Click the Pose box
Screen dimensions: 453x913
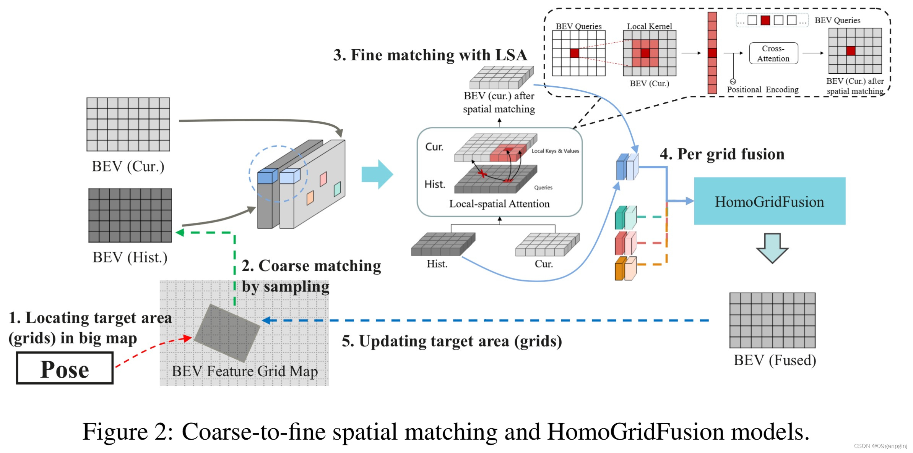tap(65, 369)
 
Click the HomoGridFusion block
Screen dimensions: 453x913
tap(769, 201)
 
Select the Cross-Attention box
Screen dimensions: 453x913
tap(773, 53)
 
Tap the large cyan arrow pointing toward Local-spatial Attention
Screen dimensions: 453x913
tap(377, 174)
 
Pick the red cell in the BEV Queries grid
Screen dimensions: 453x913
tap(574, 53)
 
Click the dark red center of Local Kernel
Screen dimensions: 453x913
tap(645, 53)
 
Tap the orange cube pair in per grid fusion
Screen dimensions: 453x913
tap(625, 269)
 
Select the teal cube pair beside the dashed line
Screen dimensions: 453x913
tap(625, 218)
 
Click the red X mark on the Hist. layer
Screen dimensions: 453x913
tap(482, 174)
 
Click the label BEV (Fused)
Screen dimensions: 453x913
tap(775, 360)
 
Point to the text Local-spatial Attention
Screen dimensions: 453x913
tap(499, 204)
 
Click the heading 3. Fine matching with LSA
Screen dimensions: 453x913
tap(430, 55)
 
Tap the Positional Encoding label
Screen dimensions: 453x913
tap(762, 90)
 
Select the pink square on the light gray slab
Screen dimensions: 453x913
tap(323, 179)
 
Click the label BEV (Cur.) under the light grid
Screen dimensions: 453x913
tap(128, 167)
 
